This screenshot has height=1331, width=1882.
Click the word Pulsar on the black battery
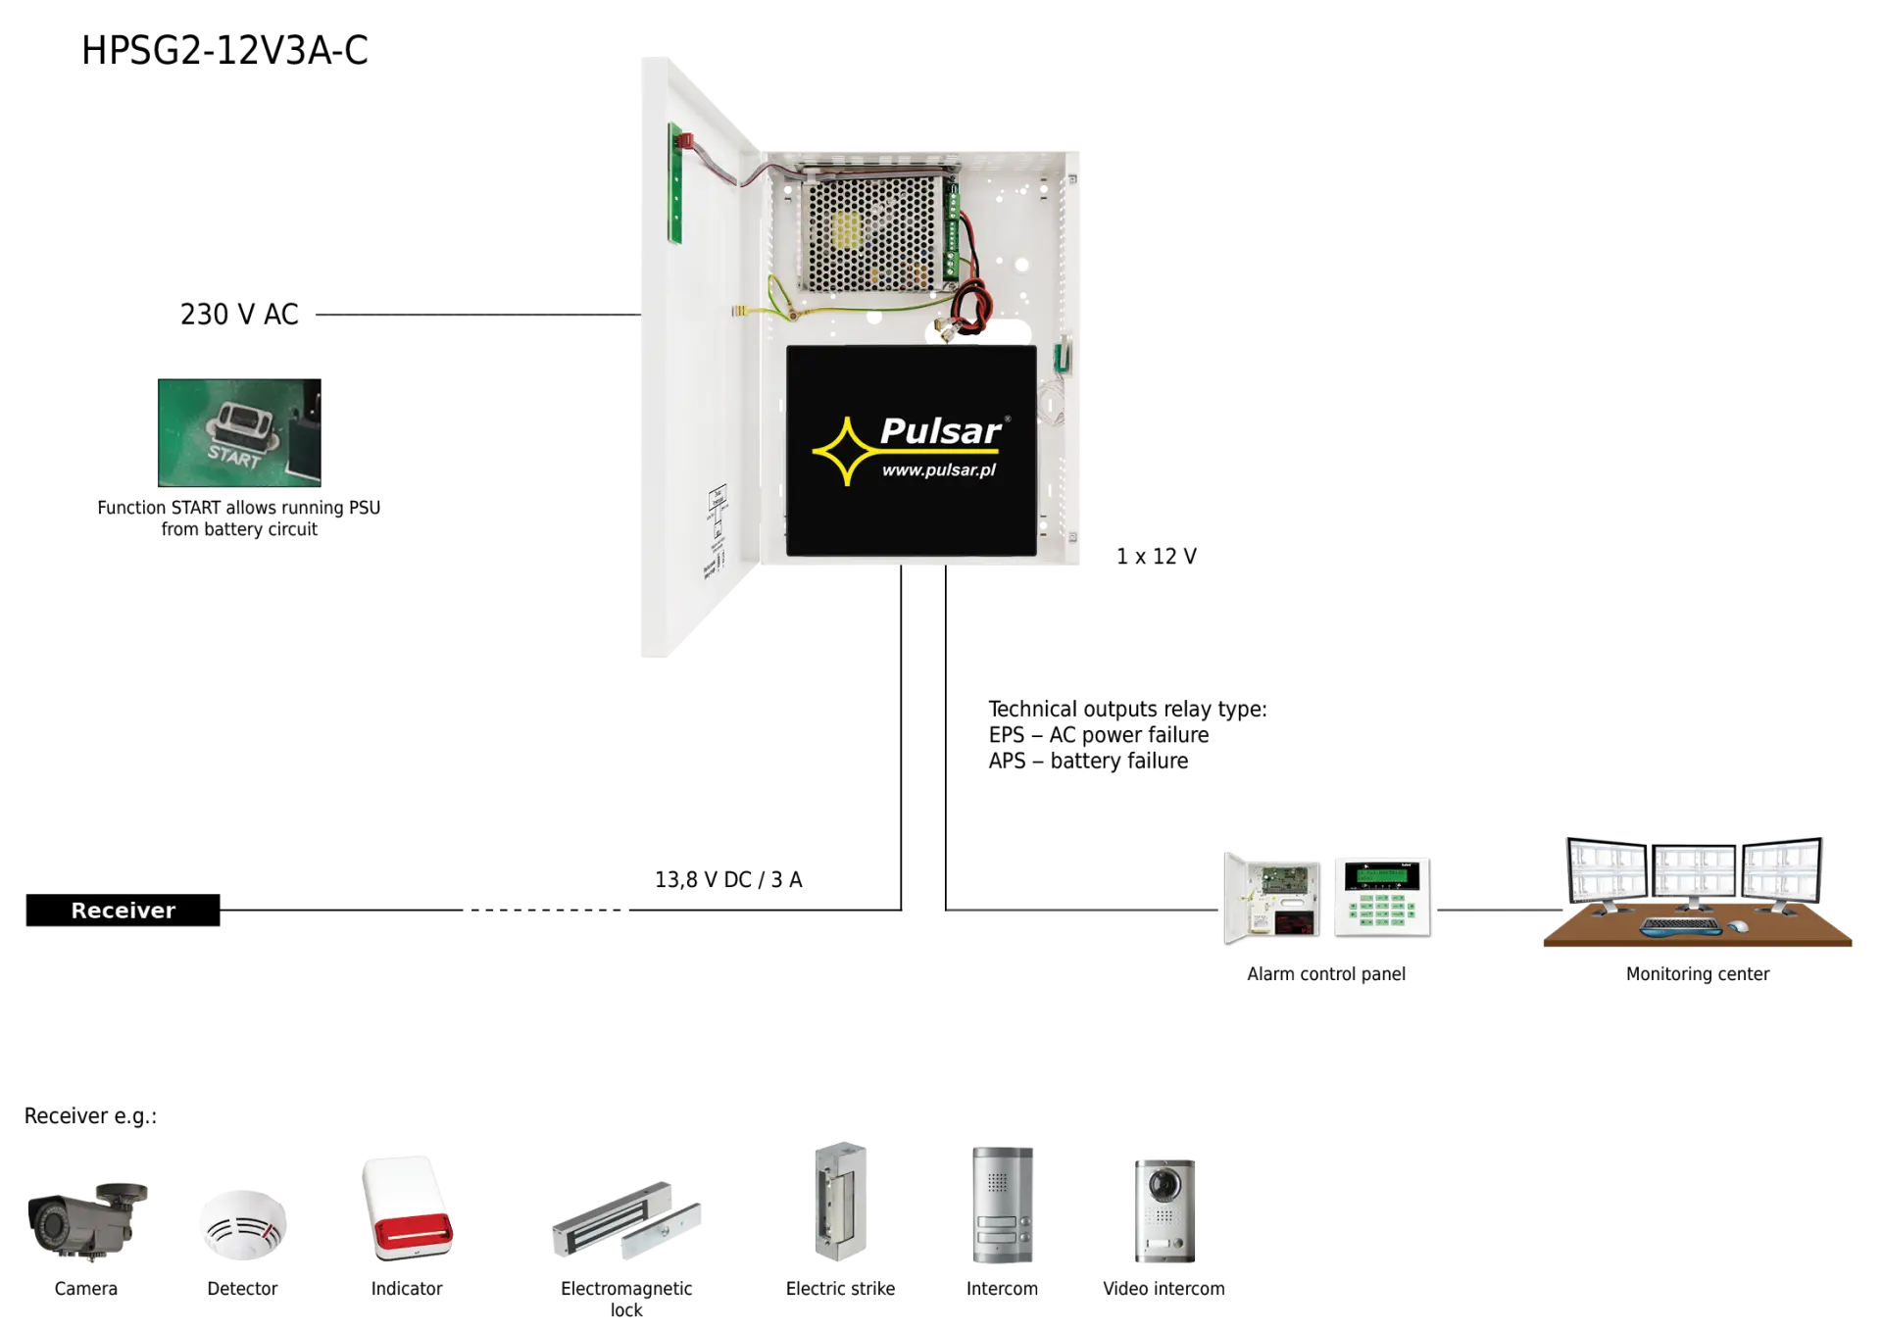point(939,431)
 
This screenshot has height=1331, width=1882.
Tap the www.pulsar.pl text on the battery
point(938,470)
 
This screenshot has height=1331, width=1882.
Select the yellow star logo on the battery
point(845,451)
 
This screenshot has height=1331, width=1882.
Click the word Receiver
point(124,911)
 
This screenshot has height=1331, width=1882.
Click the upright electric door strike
point(839,1201)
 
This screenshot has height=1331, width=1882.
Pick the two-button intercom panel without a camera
point(1003,1208)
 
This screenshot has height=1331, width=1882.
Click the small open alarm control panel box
point(1272,898)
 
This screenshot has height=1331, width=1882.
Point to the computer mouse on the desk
point(1737,926)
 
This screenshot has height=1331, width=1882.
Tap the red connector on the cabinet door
point(685,141)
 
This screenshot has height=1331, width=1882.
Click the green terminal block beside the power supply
point(952,235)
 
